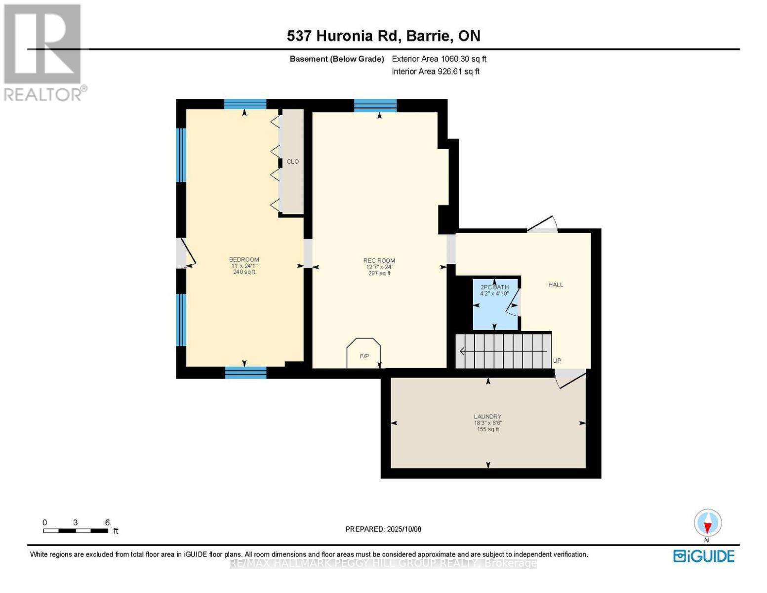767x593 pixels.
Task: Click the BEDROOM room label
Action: tap(244, 260)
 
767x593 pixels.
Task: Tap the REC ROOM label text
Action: tap(379, 261)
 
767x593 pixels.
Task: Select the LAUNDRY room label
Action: tap(487, 417)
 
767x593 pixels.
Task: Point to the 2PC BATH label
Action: tap(494, 287)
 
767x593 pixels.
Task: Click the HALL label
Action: tap(556, 285)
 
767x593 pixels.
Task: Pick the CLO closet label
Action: tap(292, 162)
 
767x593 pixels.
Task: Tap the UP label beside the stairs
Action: tap(557, 361)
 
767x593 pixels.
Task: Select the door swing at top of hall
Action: tap(543, 224)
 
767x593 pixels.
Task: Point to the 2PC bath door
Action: tap(515, 302)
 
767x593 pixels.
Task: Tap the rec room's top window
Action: tap(375, 105)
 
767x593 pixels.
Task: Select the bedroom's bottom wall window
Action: tap(245, 373)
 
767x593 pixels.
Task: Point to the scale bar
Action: tap(76, 531)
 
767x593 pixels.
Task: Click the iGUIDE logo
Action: tap(704, 556)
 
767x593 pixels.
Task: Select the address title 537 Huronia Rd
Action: tap(383, 36)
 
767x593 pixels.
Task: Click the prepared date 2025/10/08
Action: tap(383, 529)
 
